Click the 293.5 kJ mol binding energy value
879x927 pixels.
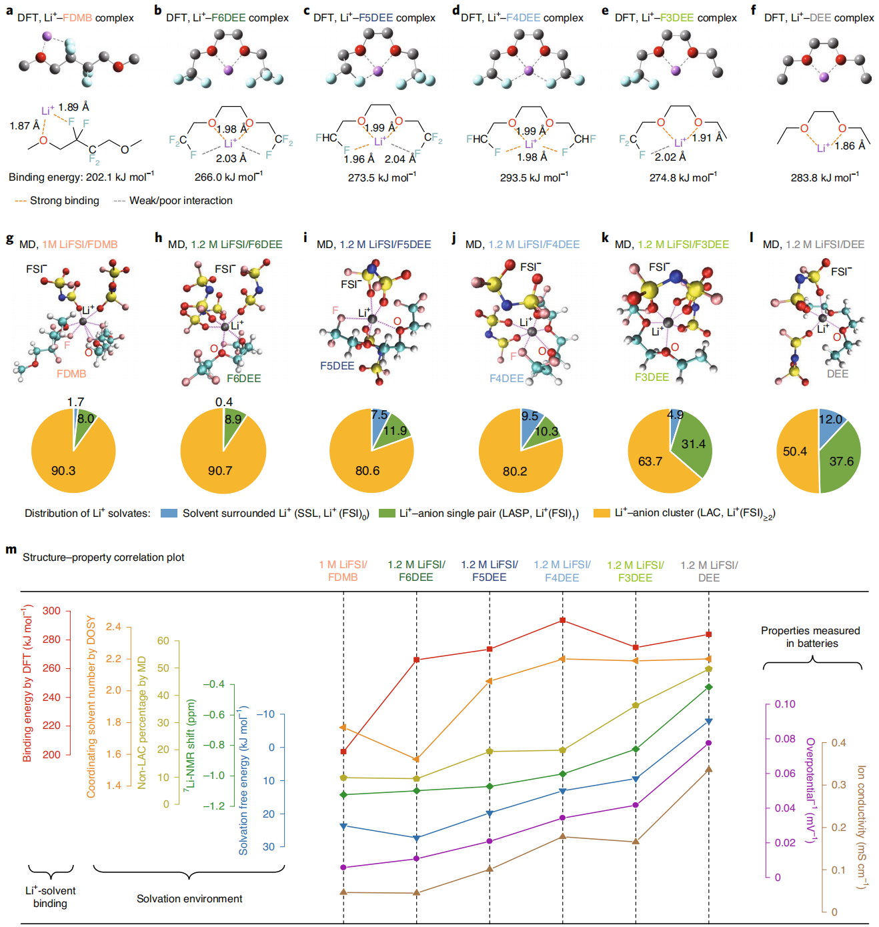pos(534,177)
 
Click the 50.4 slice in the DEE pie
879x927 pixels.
pos(795,451)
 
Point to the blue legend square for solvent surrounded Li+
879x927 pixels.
pos(169,513)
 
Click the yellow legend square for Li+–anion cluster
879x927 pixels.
pos(602,513)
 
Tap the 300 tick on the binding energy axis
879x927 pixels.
pos(51,611)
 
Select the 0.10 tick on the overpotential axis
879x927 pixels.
pos(785,704)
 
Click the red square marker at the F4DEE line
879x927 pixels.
pos(563,620)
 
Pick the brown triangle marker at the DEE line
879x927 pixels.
pos(709,769)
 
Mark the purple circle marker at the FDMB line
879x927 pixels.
pos(343,867)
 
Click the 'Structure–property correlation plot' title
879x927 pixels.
pos(103,558)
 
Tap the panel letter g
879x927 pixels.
pos(9,239)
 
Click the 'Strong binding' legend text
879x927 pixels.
pos(64,201)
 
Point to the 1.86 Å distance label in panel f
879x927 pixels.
pos(850,145)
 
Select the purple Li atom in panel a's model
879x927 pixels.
pos(47,36)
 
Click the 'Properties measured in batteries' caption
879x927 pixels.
pos(810,637)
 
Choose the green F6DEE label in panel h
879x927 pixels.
pos(243,378)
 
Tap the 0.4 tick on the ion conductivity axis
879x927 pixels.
pos(838,742)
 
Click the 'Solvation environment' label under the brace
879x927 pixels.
pos(189,899)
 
